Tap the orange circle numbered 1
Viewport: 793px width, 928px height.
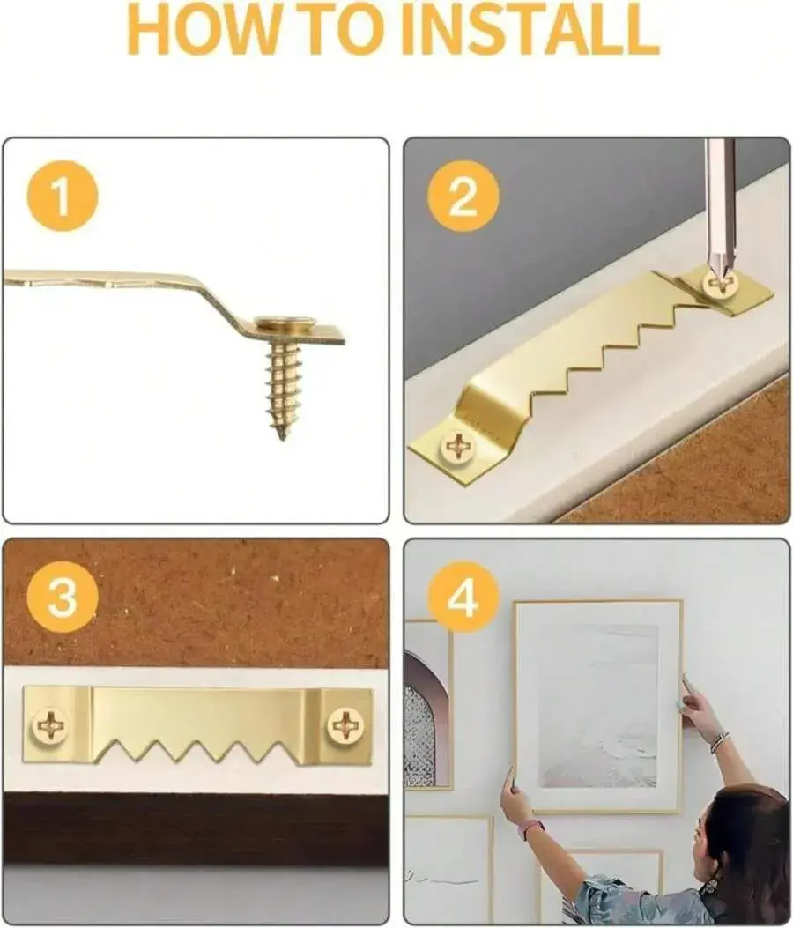(x=63, y=196)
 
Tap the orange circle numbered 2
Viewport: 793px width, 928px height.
(x=463, y=196)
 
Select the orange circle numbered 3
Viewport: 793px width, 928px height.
(x=63, y=597)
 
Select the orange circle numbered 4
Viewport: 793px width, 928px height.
(x=463, y=597)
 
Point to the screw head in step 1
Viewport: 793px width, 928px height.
(x=285, y=323)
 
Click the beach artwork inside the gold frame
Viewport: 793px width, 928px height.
(x=598, y=705)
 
